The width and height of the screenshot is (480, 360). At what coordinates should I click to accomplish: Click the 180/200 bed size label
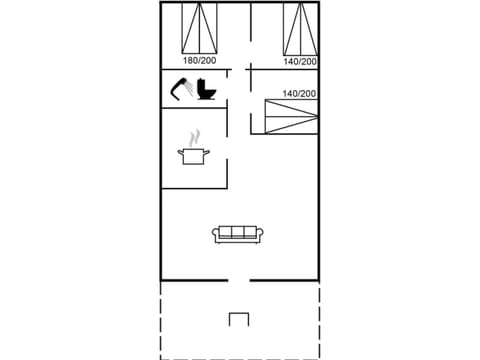click(x=199, y=61)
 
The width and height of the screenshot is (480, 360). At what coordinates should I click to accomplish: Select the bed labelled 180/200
click(x=200, y=27)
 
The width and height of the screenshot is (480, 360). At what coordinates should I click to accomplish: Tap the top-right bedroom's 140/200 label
click(x=300, y=61)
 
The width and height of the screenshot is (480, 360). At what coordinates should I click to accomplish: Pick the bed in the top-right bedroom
click(x=300, y=27)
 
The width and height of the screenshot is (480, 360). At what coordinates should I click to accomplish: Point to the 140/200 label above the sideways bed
click(x=299, y=94)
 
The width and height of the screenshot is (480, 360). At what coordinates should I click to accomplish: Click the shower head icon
click(x=182, y=89)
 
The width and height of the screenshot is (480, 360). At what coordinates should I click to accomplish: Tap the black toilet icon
click(x=207, y=90)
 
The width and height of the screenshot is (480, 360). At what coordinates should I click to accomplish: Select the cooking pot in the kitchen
click(x=193, y=155)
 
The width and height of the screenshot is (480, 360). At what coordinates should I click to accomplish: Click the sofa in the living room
click(x=238, y=234)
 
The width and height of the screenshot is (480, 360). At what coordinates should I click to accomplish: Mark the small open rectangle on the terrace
click(x=238, y=319)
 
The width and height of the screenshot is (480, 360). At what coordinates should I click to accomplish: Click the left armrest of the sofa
click(x=215, y=235)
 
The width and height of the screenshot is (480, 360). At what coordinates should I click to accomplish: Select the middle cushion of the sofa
click(x=238, y=233)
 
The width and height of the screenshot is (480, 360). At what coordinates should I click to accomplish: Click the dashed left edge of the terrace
click(x=161, y=320)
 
